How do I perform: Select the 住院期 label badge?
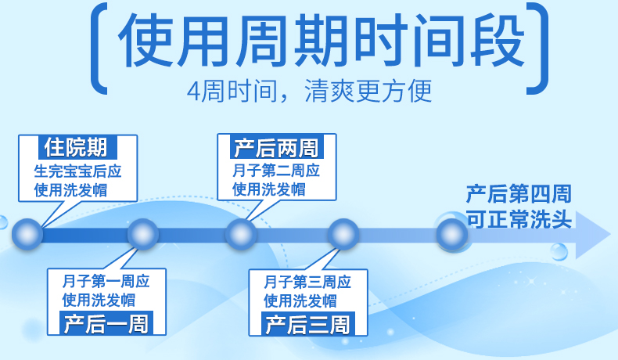coord(76,147)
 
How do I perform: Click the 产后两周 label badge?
coord(275,147)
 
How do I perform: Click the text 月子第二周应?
coord(276,170)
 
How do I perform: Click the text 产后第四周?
coord(518,193)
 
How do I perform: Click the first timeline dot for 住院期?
coord(27,234)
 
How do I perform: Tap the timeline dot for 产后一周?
coord(143,234)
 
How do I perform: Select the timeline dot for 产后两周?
coord(241,234)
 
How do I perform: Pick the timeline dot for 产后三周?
coord(343,234)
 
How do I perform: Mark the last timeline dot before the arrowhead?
coord(451,234)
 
